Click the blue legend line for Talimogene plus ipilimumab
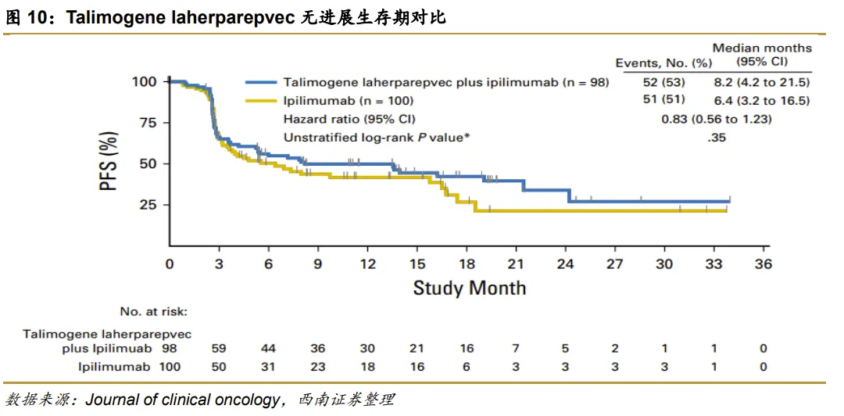[261, 81]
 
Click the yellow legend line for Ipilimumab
[261, 100]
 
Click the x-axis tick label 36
[764, 264]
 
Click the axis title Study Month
[469, 288]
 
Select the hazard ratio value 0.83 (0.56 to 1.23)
[717, 119]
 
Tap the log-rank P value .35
[715, 138]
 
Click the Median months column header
[762, 54]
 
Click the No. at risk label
[154, 312]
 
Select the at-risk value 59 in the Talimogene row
[219, 348]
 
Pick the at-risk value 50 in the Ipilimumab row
[219, 366]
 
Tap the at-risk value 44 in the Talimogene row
[268, 348]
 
